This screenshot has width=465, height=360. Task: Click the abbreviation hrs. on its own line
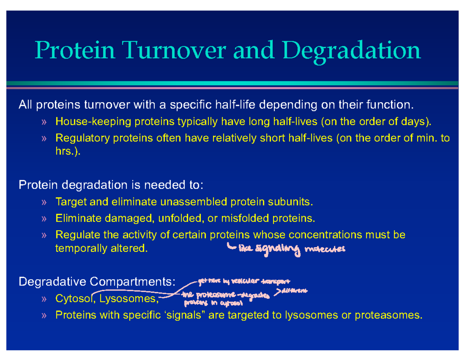[x=67, y=152]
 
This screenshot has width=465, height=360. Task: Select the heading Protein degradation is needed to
[x=111, y=185]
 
